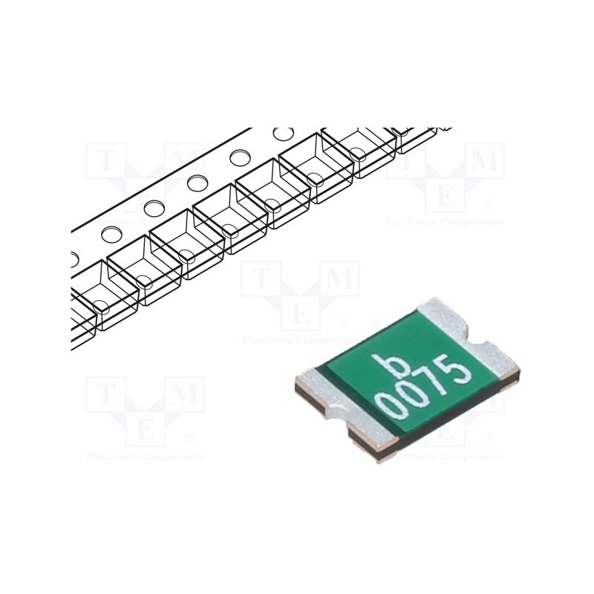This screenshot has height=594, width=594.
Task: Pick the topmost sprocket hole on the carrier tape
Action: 283,134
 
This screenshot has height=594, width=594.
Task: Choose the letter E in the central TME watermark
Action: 300,313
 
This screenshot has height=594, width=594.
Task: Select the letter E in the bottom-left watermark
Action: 146,428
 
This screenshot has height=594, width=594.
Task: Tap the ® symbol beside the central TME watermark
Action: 343,324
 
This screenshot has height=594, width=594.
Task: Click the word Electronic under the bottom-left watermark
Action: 111,457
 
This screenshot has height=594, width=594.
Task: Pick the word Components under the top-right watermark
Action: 473,223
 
